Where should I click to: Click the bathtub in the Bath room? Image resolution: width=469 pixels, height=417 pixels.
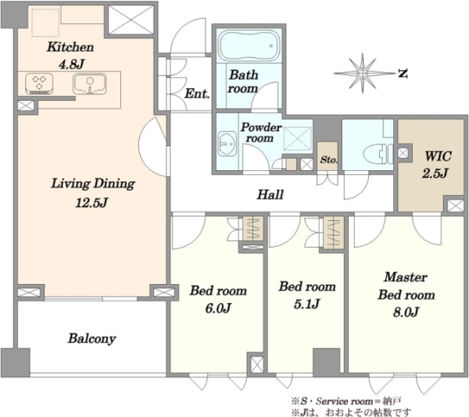coord(249,46)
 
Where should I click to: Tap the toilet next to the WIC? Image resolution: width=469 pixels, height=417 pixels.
coord(378,154)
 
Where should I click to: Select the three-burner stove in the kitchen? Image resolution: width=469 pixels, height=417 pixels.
coord(39,84)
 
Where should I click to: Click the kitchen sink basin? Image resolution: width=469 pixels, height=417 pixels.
coord(89,84)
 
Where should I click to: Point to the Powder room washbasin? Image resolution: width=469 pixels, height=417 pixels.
coord(227,144)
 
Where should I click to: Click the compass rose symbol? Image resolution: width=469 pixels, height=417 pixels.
coord(363,73)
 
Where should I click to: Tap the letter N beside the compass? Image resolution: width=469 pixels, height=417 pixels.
coord(403,73)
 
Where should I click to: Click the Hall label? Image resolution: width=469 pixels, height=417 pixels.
coord(270,194)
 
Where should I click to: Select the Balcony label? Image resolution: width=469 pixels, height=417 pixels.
coord(91,339)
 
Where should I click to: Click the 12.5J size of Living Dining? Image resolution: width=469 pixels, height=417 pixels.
coord(91,203)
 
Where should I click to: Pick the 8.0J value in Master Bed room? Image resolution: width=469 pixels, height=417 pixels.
coord(406,312)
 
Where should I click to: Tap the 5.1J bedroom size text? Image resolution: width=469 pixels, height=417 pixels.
coord(307,304)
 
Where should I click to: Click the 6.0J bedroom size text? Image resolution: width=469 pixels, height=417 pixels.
coord(218,308)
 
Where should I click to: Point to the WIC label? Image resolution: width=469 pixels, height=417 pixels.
coord(438,156)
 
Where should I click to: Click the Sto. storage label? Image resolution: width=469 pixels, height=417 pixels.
coord(328,160)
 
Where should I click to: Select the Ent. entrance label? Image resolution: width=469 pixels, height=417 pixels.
coord(197,94)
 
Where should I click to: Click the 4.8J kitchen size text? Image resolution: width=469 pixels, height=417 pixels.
coord(71,64)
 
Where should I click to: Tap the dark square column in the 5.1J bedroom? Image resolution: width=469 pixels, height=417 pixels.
coord(326,362)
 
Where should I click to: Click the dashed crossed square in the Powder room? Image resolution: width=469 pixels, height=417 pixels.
coord(297,138)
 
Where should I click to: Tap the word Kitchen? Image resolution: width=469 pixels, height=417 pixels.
coord(70,47)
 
